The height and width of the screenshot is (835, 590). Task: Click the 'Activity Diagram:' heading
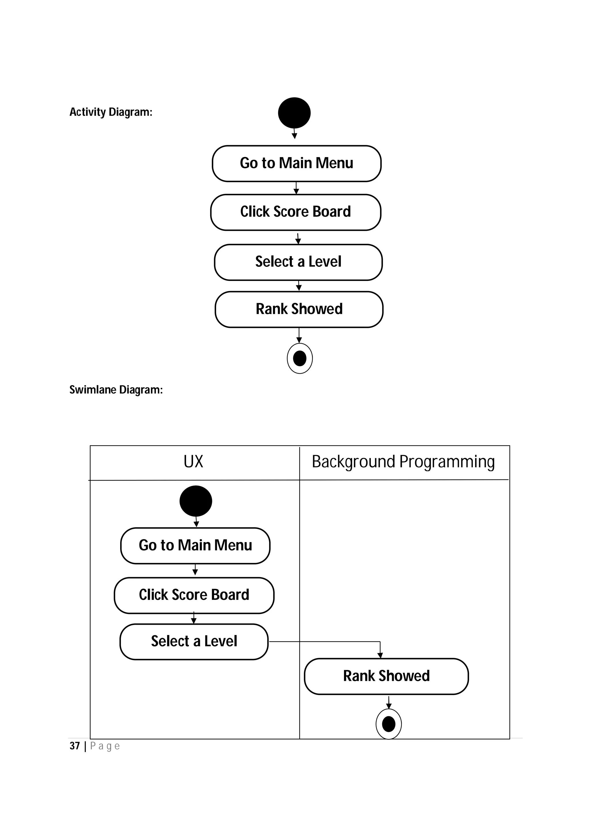click(x=111, y=112)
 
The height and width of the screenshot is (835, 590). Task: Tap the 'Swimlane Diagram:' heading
click(x=116, y=390)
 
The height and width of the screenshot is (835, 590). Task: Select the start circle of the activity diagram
click(x=294, y=113)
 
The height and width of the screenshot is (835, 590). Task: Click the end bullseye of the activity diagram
click(x=300, y=359)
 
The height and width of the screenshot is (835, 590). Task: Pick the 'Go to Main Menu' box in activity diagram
click(x=296, y=163)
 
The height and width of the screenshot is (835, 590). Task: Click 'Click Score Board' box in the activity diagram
click(x=296, y=212)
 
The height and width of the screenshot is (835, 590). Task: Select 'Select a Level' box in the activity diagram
click(x=298, y=262)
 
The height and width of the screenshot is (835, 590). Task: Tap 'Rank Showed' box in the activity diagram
click(x=299, y=309)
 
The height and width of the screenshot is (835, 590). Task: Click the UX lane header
click(x=193, y=462)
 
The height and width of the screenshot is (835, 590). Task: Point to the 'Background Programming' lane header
click(x=403, y=462)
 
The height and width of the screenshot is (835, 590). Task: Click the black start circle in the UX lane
click(x=196, y=501)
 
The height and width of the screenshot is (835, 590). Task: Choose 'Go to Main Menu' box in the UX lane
click(x=195, y=545)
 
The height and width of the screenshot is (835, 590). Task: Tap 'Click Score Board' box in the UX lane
click(x=194, y=595)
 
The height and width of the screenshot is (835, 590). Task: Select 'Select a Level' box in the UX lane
click(x=194, y=642)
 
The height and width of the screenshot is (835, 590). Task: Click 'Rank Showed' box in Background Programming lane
click(x=386, y=676)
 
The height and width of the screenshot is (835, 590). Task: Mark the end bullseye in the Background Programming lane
click(x=388, y=724)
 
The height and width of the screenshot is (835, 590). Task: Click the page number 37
click(x=75, y=746)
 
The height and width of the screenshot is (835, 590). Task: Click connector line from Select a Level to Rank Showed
click(x=327, y=642)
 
